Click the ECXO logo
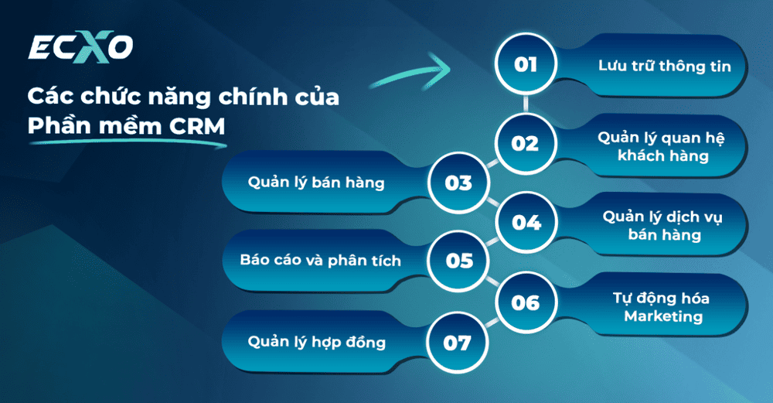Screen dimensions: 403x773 pyautogui.click(x=80, y=49)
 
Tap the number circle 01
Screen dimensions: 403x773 pyautogui.click(x=526, y=64)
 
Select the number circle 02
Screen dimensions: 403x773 pyautogui.click(x=526, y=143)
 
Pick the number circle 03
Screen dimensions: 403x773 pyautogui.click(x=458, y=183)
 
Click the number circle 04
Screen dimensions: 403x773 pyautogui.click(x=526, y=223)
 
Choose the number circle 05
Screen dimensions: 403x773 pyautogui.click(x=458, y=261)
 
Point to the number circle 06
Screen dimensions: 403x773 pyautogui.click(x=526, y=302)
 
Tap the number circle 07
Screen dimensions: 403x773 pyautogui.click(x=458, y=342)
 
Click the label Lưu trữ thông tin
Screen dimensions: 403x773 pyautogui.click(x=664, y=66)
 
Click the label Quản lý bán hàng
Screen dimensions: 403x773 pyautogui.click(x=316, y=183)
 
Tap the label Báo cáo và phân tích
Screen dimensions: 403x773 pyautogui.click(x=320, y=261)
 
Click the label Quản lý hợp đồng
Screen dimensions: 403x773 pyautogui.click(x=316, y=342)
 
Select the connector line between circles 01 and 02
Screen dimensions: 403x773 pyautogui.click(x=526, y=104)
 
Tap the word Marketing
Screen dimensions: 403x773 pyautogui.click(x=663, y=316)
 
